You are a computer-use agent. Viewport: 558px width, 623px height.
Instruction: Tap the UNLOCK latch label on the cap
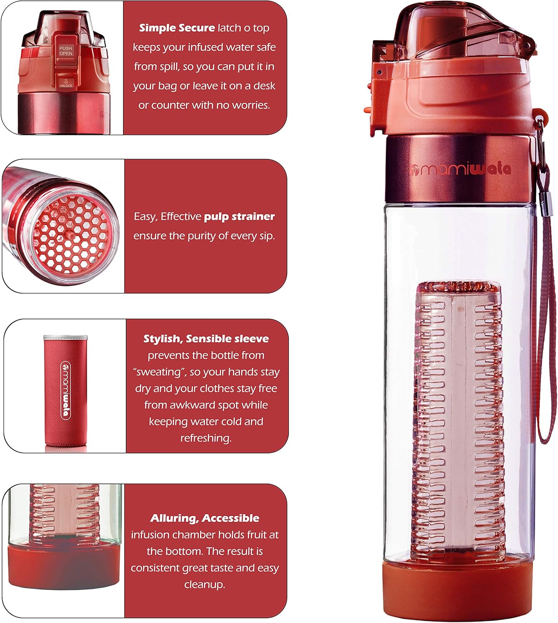[66, 83]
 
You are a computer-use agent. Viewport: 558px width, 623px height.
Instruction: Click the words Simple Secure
[177, 28]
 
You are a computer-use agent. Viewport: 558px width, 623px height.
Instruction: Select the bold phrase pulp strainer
[239, 217]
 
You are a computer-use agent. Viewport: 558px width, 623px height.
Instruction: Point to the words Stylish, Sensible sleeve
[206, 338]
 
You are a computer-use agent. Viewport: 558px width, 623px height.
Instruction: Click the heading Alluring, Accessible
[204, 518]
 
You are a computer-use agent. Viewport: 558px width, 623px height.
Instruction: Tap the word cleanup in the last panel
[204, 584]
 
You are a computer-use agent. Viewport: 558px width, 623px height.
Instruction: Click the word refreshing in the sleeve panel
[206, 438]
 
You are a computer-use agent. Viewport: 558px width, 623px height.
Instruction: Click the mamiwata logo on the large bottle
[460, 169]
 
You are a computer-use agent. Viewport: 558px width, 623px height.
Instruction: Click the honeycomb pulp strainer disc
[71, 234]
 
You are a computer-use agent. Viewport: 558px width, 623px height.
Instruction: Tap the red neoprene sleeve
[66, 390]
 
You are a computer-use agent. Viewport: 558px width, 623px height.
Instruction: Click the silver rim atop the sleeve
[66, 337]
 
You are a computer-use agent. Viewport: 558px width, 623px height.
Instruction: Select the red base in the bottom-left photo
[64, 567]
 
